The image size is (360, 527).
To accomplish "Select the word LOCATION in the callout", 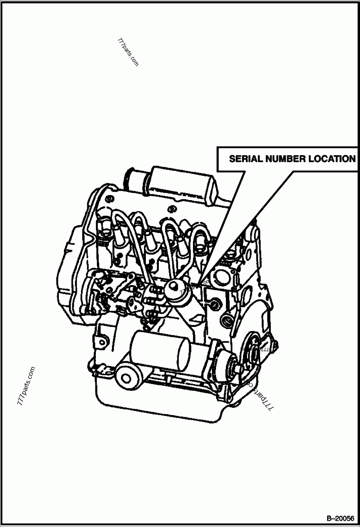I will click(x=331, y=159).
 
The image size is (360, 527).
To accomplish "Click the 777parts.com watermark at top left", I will click(x=128, y=52).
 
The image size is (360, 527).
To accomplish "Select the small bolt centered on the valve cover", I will click(x=171, y=208).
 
